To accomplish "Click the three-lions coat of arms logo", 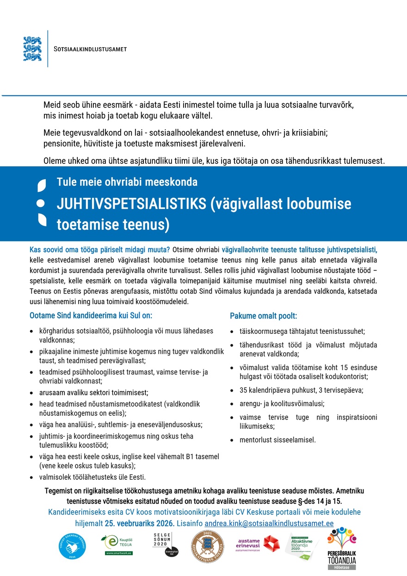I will click(32, 49).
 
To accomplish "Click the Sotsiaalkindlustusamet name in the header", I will click(90, 49).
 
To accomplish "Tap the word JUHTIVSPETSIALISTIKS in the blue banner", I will click(131, 204).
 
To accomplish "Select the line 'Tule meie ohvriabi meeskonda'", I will click(127, 182).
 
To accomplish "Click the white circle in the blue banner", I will click(41, 203).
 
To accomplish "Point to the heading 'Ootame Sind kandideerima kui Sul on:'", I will click(91, 316).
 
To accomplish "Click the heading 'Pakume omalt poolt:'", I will click(263, 316).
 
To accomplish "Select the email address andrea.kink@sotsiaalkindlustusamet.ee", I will click(269, 523).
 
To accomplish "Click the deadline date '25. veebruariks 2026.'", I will click(140, 523).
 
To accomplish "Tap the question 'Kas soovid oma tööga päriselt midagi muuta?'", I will click(99, 250).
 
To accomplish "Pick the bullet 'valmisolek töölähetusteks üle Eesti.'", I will click(92, 477).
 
